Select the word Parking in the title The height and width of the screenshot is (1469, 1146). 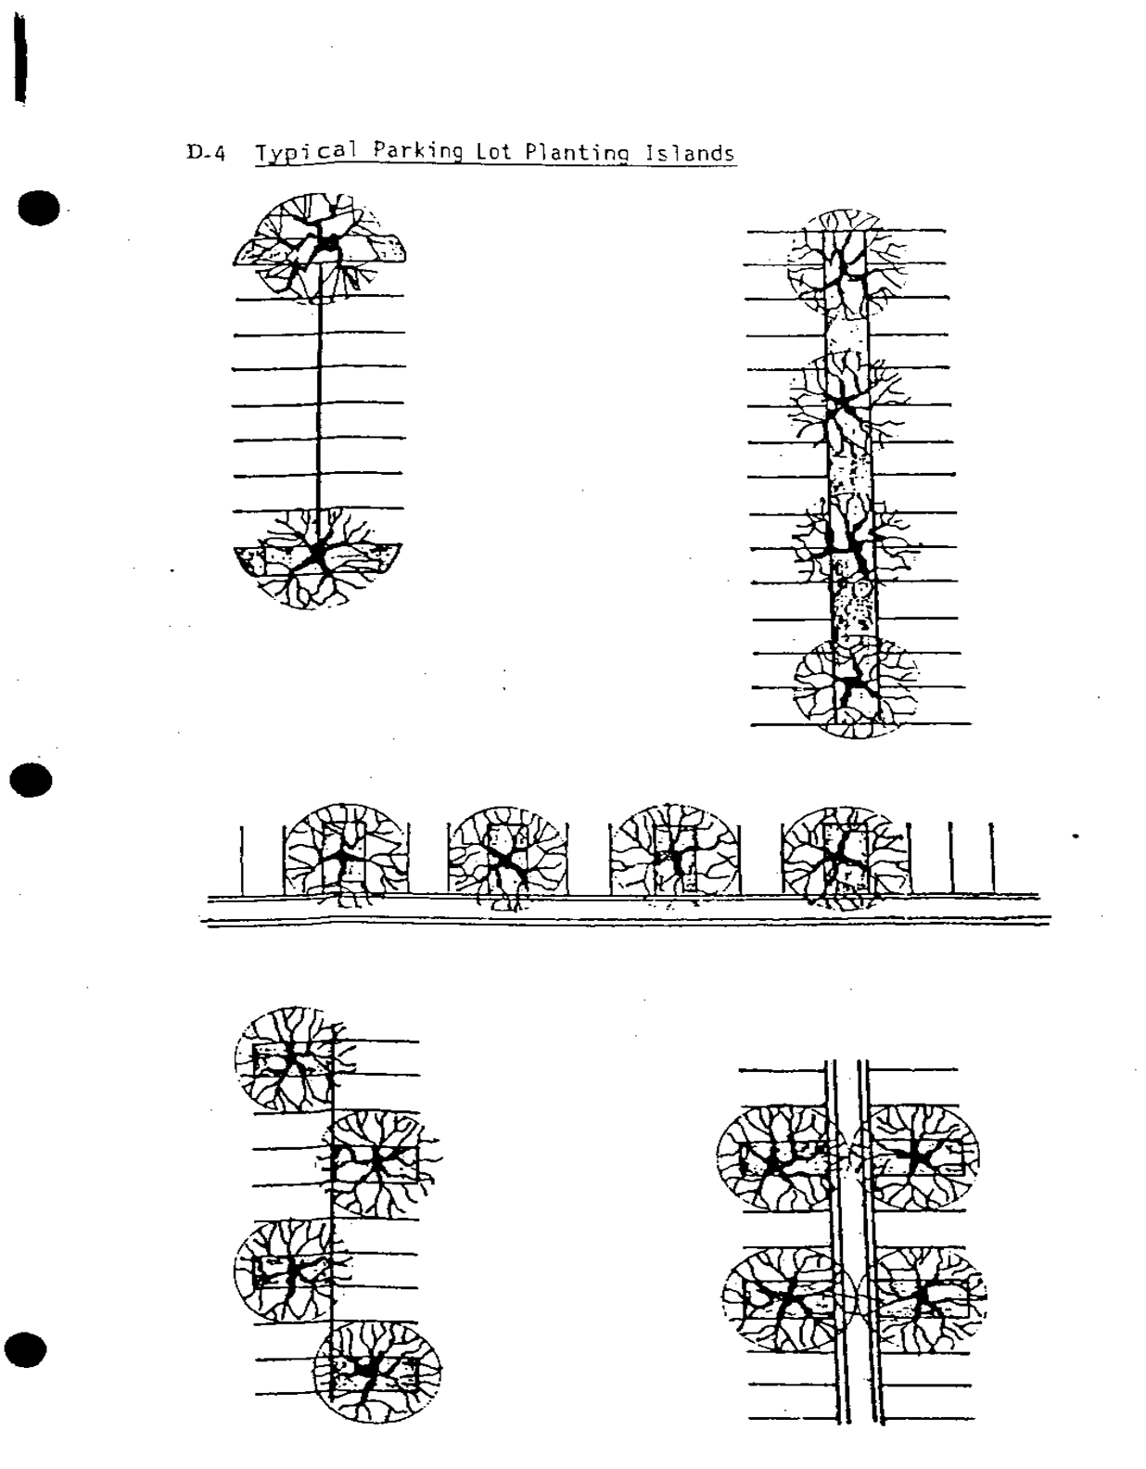pyautogui.click(x=417, y=150)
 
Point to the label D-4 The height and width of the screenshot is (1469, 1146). pyautogui.click(x=206, y=152)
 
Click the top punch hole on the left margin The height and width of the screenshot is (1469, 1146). pyautogui.click(x=39, y=209)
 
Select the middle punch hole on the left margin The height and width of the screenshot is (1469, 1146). pyautogui.click(x=32, y=780)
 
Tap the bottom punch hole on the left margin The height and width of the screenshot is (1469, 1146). pyautogui.click(x=26, y=1350)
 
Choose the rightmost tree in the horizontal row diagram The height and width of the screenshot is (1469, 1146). pyautogui.click(x=843, y=857)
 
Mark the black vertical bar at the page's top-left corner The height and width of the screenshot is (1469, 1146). pyautogui.click(x=21, y=58)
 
